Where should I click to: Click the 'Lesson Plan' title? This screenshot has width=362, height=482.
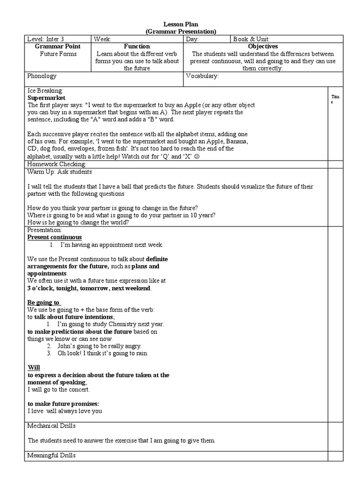(181, 24)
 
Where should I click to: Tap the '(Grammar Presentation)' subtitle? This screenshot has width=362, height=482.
(181, 32)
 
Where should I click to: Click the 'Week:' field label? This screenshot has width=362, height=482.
(102, 39)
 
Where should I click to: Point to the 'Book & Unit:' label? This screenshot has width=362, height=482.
(251, 39)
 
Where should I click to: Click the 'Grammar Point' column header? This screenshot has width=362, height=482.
(58, 47)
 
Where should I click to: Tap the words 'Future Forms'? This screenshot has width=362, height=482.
(58, 54)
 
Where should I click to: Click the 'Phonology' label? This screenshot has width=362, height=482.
(42, 76)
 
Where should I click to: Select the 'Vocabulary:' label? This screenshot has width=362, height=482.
(202, 76)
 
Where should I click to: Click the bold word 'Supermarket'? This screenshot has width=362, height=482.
(46, 98)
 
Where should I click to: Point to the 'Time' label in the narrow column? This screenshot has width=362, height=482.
(335, 99)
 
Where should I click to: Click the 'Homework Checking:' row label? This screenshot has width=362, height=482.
(57, 164)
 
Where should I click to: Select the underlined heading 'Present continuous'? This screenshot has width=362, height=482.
(54, 237)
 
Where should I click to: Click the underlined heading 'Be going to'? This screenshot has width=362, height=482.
(44, 302)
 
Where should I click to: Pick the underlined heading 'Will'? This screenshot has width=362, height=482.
(34, 368)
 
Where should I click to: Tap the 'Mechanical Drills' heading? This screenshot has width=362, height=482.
(51, 426)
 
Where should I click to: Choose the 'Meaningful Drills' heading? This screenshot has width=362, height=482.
(51, 455)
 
